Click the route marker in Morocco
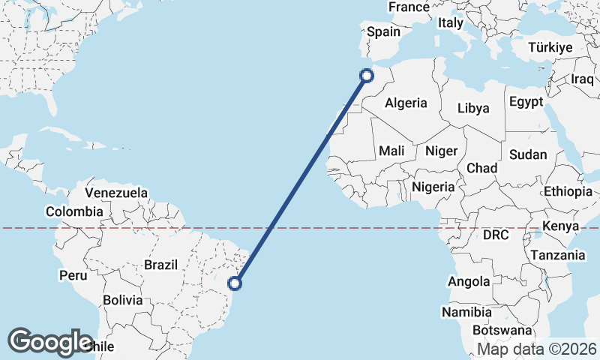pos(367,75)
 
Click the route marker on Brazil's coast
pos(235,283)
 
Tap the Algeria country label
pos(406,103)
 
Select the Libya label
pos(473,108)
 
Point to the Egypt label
pos(525,101)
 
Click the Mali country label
pos(391,151)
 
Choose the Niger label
pos(441,151)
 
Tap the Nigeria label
pos(433,187)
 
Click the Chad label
pos(481,168)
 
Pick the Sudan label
pos(528,154)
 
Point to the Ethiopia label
pos(568,191)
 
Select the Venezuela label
pos(117,193)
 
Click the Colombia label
pos(73,212)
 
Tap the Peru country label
pos(73,275)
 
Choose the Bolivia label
pos(122,299)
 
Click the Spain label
pos(383,32)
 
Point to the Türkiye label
pos(550,47)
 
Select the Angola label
pos(469,282)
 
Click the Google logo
pos(49,342)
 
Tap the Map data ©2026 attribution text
pos(537,349)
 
